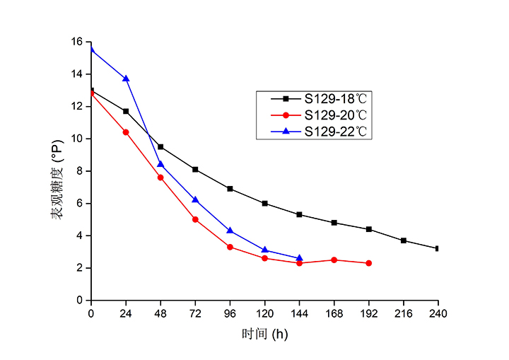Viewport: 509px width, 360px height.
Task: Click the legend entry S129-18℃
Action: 336,98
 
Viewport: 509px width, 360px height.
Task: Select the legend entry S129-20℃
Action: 336,115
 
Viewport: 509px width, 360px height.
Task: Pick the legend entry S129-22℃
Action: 336,131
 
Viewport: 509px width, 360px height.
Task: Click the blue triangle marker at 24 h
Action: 126,79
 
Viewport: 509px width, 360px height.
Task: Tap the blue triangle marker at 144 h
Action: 299,258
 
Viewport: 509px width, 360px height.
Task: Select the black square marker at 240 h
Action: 438,248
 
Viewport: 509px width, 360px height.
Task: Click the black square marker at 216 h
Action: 404,240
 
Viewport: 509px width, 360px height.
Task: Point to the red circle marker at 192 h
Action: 369,263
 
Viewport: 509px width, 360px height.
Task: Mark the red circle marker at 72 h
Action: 195,219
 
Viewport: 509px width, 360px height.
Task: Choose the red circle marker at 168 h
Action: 334,260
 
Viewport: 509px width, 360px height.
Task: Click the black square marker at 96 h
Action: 230,189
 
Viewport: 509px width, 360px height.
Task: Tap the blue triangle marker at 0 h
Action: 91,50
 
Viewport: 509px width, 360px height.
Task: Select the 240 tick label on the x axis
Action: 438,312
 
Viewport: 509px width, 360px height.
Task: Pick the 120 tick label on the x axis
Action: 264,312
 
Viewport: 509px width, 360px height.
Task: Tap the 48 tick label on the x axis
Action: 160,312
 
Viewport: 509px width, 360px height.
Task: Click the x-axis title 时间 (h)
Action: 265,333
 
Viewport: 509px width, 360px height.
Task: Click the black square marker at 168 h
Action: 334,223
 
